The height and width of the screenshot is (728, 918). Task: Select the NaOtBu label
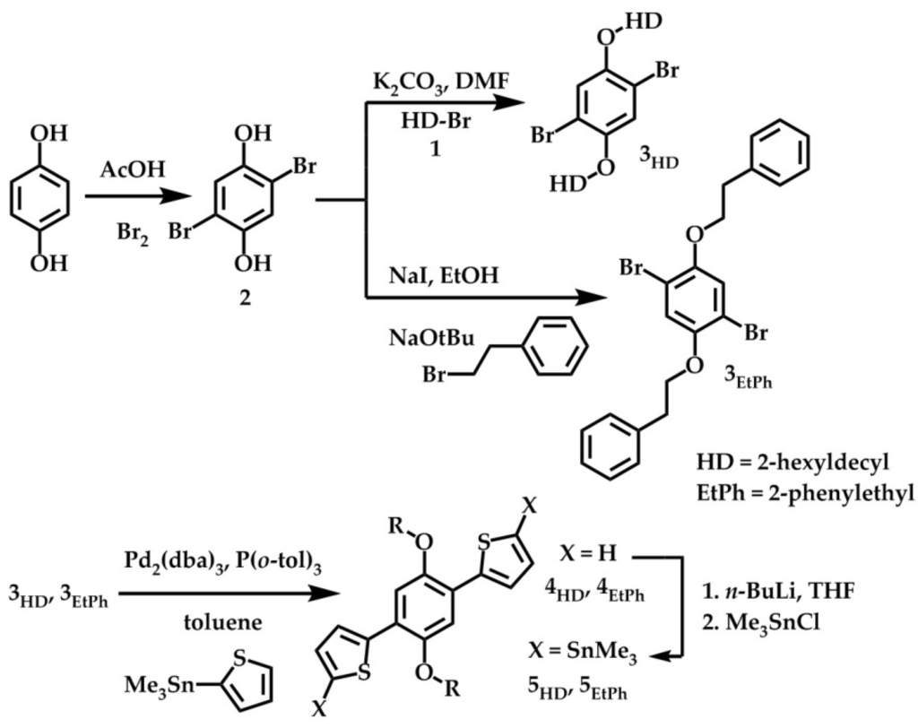click(x=427, y=338)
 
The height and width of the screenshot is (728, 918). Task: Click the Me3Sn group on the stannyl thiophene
click(x=159, y=689)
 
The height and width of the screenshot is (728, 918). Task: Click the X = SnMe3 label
click(x=581, y=657)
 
